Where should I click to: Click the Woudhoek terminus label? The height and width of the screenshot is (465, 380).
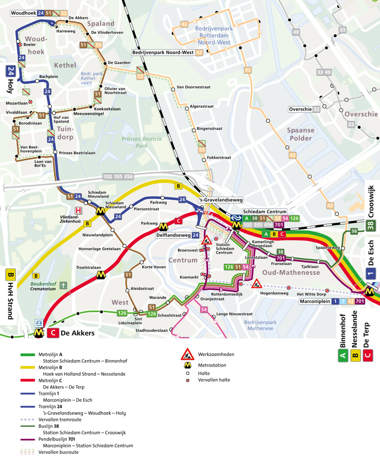click(x=23, y=13)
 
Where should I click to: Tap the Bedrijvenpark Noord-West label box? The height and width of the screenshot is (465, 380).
click(x=163, y=52)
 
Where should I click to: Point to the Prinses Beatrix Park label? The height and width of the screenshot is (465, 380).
click(x=142, y=142)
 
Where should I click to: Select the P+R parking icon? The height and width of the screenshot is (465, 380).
click(x=39, y=323)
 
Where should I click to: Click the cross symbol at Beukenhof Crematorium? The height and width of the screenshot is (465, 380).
click(x=63, y=284)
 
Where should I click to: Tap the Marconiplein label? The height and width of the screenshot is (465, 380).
click(x=315, y=302)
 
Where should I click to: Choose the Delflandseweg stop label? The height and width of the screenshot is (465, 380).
click(x=173, y=235)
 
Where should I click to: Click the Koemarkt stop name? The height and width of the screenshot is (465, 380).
click(x=189, y=277)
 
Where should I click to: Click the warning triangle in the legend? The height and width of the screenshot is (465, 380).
click(x=187, y=354)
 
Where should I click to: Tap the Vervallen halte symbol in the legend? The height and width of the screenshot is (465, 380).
click(x=187, y=380)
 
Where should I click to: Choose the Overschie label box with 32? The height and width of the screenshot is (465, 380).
click(x=304, y=109)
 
